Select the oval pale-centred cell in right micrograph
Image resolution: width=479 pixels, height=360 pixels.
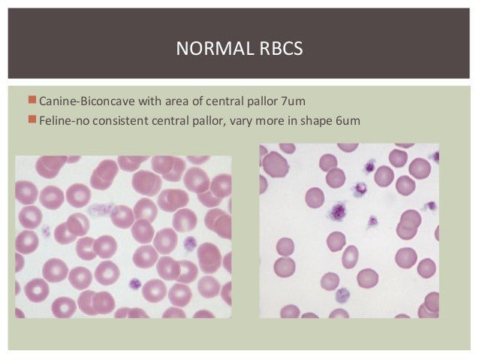click(x=351, y=256)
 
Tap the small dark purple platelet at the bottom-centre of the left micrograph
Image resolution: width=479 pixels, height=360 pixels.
click(x=135, y=284)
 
